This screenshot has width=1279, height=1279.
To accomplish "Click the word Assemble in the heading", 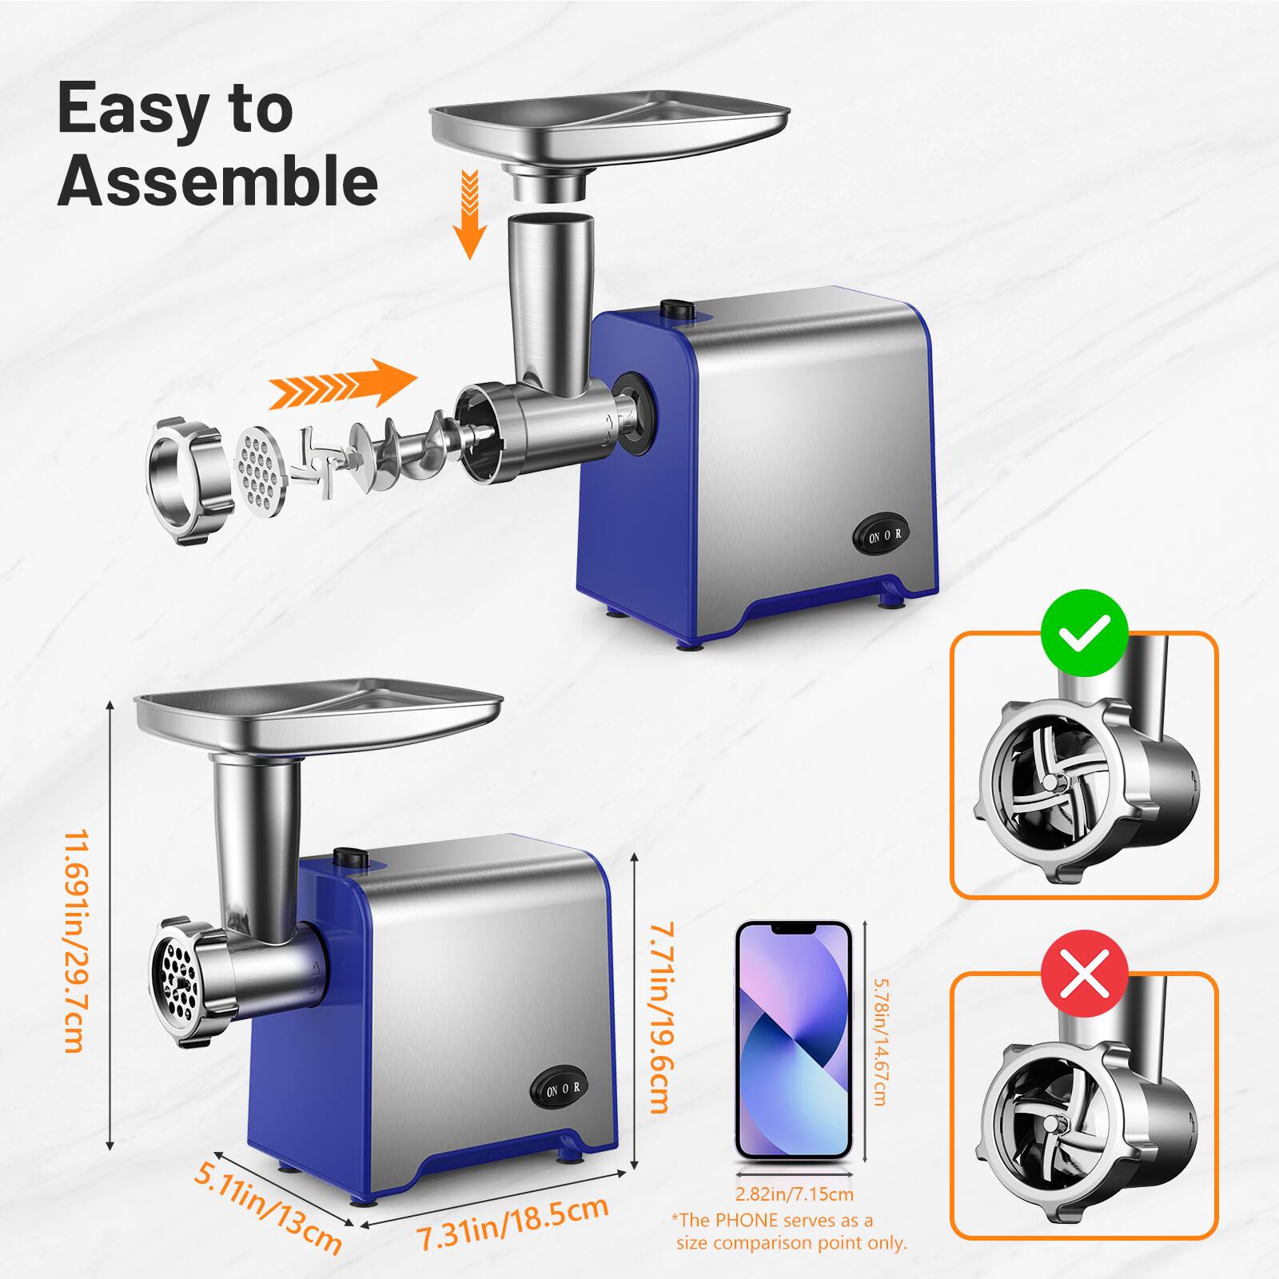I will tap(217, 181).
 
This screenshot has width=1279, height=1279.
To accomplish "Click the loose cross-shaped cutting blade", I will tap(321, 463).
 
